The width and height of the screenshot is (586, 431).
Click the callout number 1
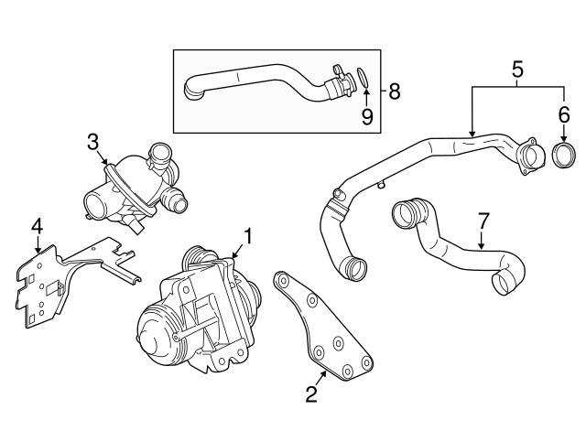click(x=248, y=236)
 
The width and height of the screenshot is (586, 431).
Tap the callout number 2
click(x=311, y=393)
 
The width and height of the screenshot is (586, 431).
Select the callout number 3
click(x=92, y=143)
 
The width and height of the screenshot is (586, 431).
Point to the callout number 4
click(x=37, y=226)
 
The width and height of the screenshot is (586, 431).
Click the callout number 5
click(x=517, y=70)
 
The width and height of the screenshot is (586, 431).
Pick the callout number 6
click(x=564, y=115)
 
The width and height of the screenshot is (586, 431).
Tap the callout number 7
click(x=483, y=221)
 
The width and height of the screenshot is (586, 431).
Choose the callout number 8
click(x=395, y=92)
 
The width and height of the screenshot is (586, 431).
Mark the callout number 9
click(x=367, y=117)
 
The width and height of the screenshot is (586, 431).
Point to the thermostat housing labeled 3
click(x=135, y=187)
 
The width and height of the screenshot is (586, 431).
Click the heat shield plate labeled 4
click(x=71, y=284)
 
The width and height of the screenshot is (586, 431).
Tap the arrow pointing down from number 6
click(x=564, y=134)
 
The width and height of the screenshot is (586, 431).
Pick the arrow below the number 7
click(x=482, y=240)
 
